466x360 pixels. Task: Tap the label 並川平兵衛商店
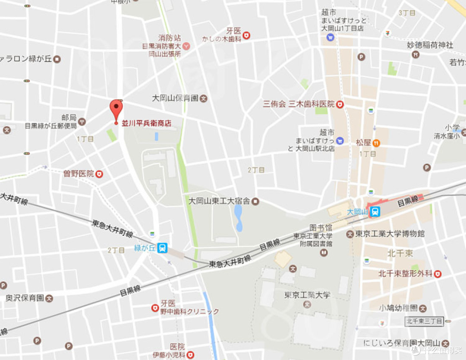tap(146, 123)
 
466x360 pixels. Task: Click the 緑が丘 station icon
tap(162, 248)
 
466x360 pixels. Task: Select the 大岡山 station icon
tap(375, 212)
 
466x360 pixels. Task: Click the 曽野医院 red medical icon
tap(99, 174)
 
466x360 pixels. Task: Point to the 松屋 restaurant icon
tap(376, 142)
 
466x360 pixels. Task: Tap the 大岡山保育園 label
tap(175, 98)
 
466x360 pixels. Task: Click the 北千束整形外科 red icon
tap(438, 274)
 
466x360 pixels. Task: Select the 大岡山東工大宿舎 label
tap(219, 201)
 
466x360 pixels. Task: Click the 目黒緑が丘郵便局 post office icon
tap(82, 122)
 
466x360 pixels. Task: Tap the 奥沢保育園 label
tap(25, 298)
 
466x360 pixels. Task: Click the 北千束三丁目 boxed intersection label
tap(424, 321)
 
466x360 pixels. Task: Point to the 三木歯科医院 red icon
tap(340, 104)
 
